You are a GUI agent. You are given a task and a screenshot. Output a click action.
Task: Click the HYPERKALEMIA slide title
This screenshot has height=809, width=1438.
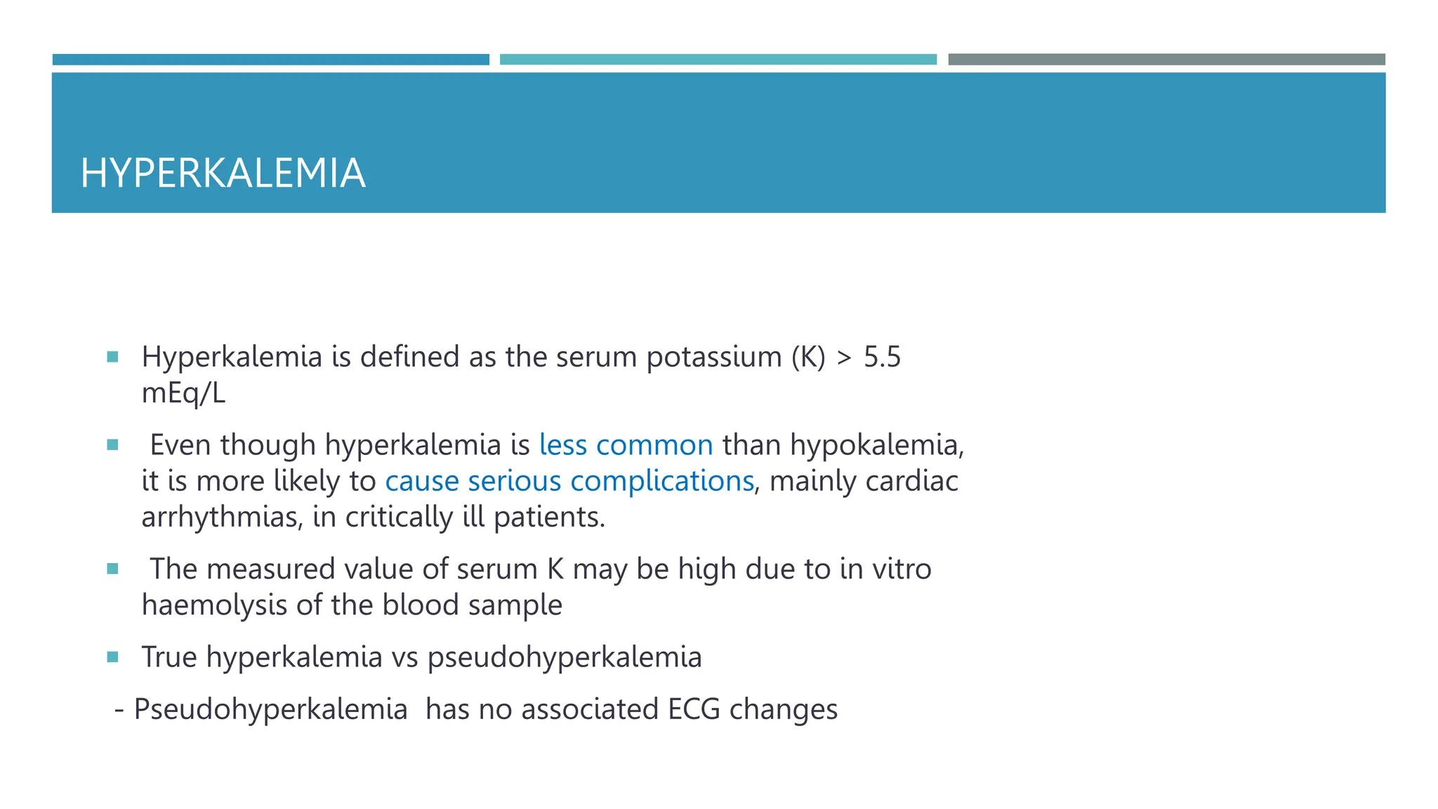[223, 173]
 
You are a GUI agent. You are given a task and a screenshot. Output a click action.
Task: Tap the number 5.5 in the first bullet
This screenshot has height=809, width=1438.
[882, 357]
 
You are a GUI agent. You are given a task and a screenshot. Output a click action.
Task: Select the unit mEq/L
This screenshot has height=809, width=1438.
[183, 393]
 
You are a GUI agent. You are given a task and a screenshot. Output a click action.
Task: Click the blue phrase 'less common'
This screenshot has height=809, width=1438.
[626, 445]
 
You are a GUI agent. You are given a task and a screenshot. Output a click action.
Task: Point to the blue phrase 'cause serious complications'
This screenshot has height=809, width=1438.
[569, 481]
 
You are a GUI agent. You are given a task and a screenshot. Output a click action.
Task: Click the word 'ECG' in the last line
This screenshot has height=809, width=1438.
[694, 709]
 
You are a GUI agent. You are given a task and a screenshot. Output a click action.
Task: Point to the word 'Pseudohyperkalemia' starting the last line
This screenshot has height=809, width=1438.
[270, 709]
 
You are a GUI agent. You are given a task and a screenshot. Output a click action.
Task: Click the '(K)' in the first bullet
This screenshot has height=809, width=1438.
[808, 357]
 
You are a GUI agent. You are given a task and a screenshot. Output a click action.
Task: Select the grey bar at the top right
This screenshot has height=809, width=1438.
[1166, 60]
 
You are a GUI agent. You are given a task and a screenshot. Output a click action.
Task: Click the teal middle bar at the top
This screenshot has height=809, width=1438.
[718, 60]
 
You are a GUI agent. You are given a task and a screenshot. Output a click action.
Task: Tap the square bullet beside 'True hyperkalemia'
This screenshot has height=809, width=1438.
[112, 657]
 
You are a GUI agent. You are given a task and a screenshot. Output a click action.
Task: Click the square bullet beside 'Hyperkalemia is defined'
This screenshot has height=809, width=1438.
[112, 357]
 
